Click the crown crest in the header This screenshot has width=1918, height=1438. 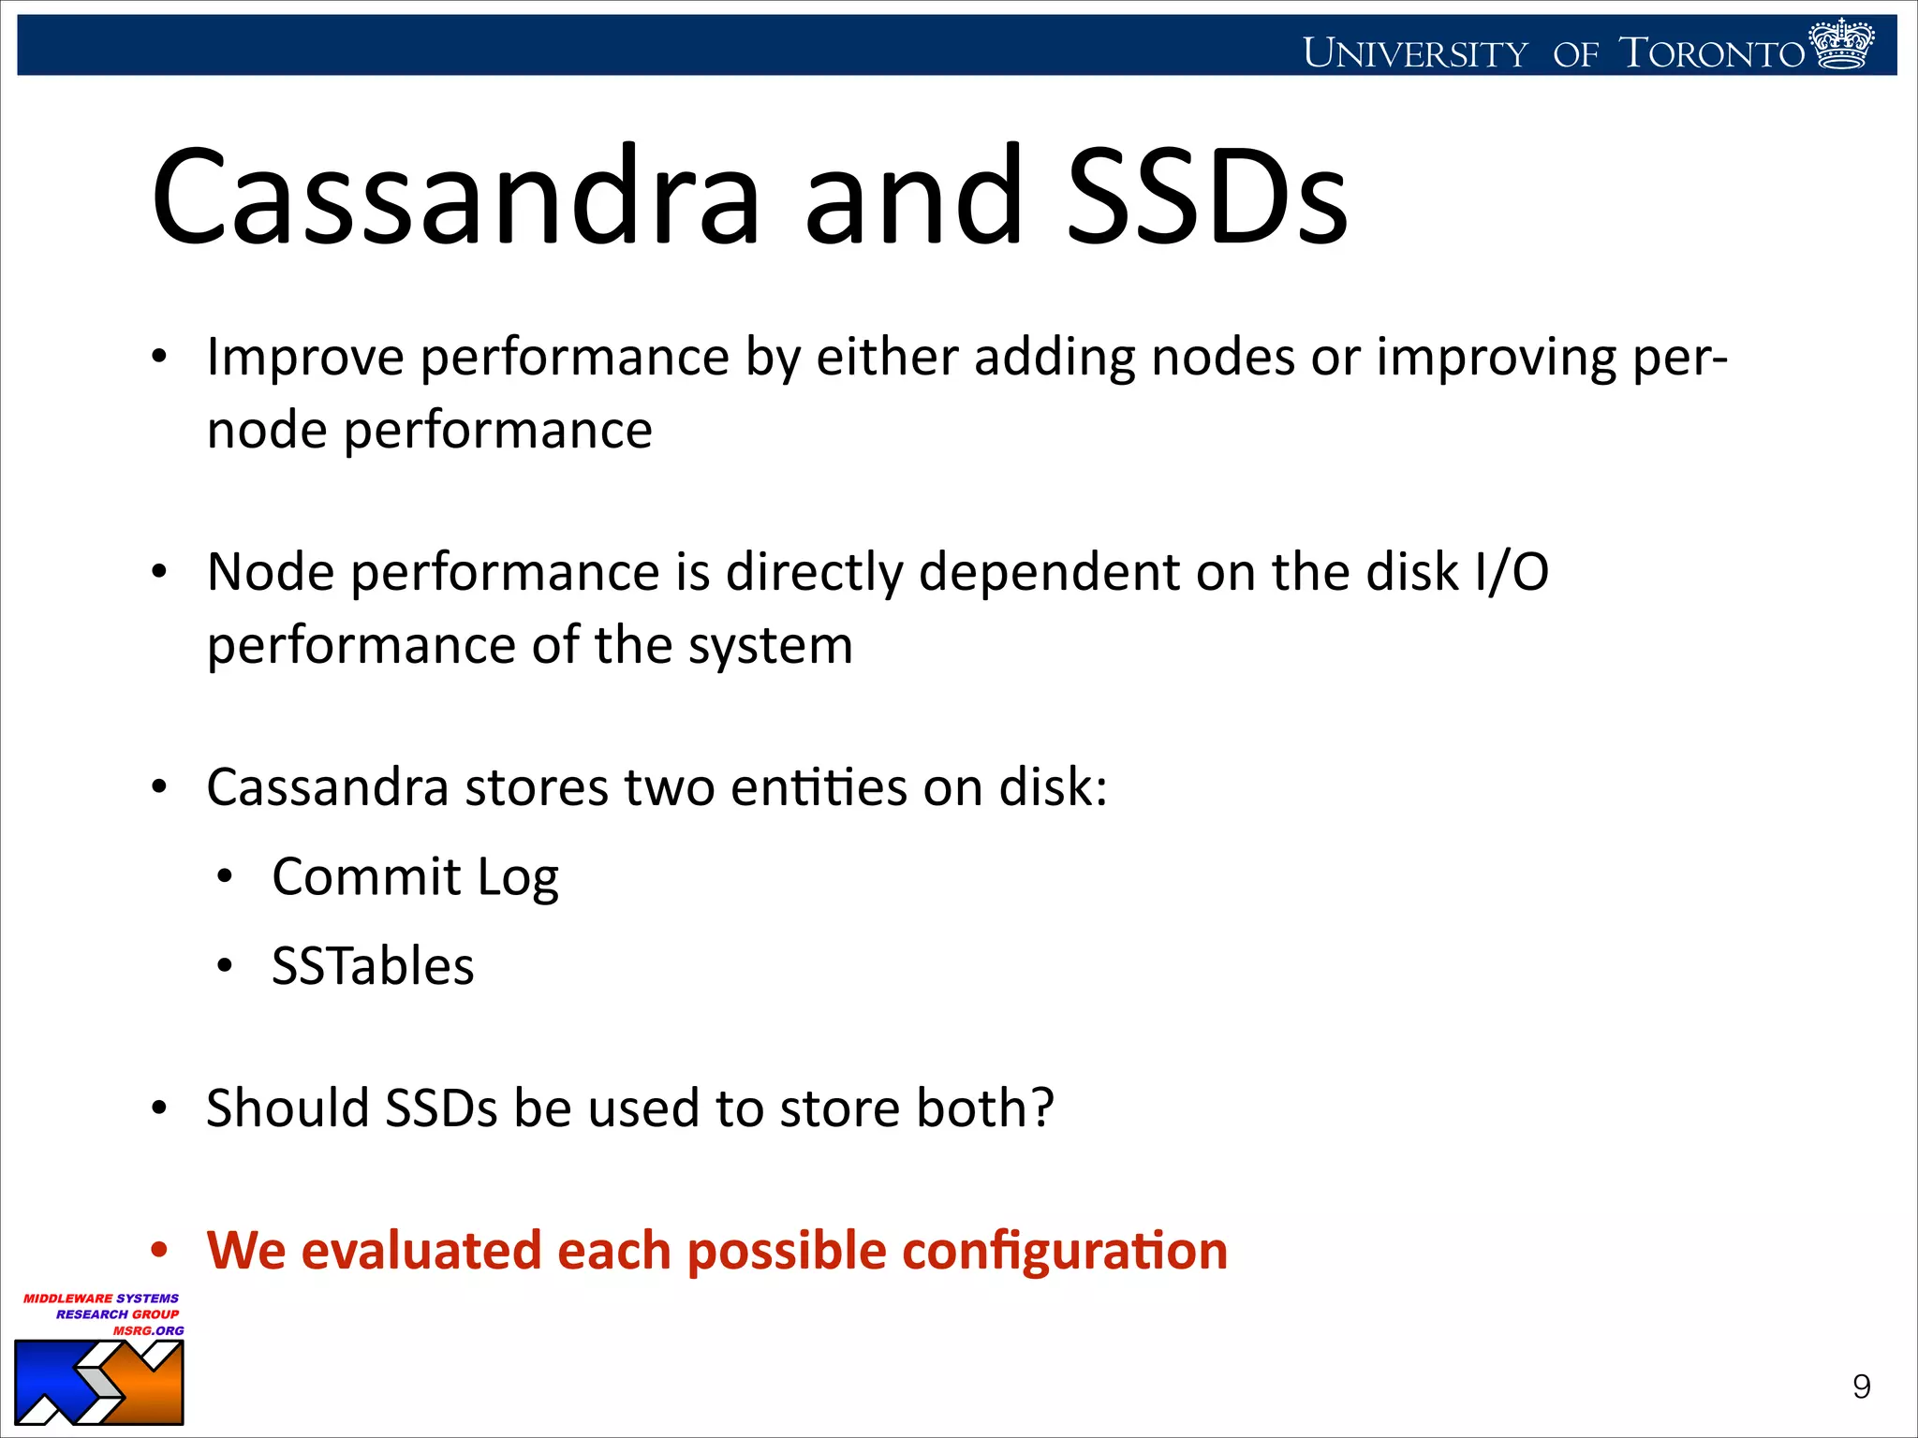click(x=1841, y=44)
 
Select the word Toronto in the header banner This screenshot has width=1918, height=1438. click(x=1712, y=53)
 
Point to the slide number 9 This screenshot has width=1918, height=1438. click(x=1861, y=1387)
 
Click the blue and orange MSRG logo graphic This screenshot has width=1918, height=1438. click(x=98, y=1383)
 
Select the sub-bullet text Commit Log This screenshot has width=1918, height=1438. click(x=415, y=877)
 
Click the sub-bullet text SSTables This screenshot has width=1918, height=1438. click(x=373, y=966)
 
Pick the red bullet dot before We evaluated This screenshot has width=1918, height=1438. click(x=160, y=1250)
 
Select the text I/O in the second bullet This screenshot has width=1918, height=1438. click(x=1511, y=572)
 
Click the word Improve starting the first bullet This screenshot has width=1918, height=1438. click(x=305, y=359)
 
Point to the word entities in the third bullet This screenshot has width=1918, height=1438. click(x=818, y=787)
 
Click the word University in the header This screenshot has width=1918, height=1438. click(x=1414, y=53)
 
